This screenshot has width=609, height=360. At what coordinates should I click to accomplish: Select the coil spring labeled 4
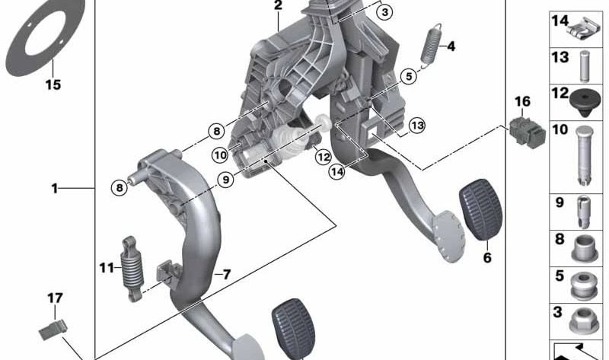(431, 46)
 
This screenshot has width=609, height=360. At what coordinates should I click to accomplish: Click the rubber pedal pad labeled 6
(481, 209)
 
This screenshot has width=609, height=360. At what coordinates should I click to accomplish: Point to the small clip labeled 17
(53, 330)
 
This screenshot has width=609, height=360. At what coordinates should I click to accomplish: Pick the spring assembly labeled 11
(132, 269)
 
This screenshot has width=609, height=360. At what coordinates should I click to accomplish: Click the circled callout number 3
(385, 12)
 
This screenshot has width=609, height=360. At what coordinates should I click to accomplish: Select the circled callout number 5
(409, 76)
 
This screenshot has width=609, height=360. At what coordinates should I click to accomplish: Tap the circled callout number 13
(417, 126)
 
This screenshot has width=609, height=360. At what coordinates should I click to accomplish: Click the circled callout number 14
(336, 171)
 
